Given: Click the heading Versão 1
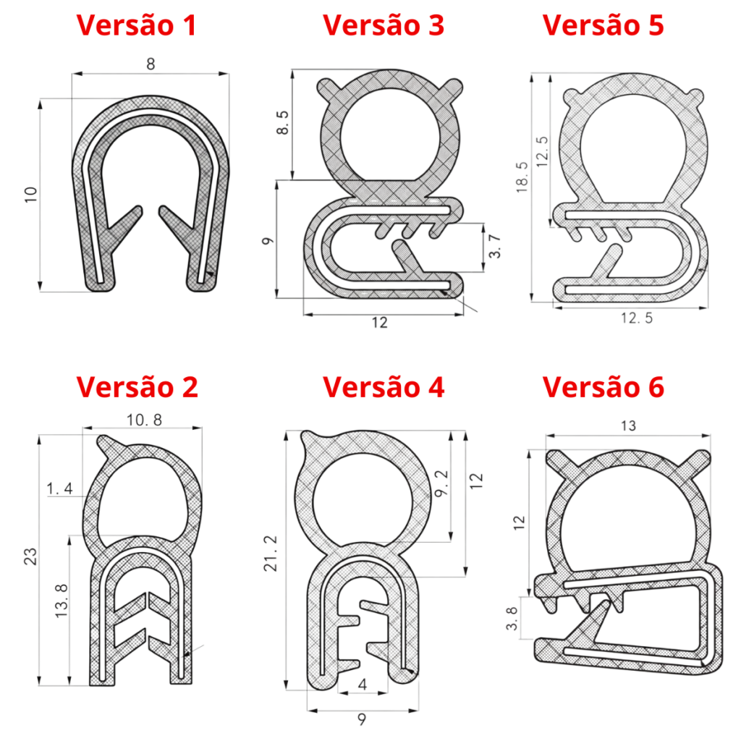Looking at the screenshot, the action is click(137, 25).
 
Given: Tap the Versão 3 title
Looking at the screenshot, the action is click(384, 25).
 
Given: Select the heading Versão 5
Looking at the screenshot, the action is click(603, 25).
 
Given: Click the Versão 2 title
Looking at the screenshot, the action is click(137, 387).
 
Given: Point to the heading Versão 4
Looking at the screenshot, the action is click(384, 387).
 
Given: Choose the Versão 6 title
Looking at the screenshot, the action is click(603, 387).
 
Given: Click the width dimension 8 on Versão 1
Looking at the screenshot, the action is click(151, 64).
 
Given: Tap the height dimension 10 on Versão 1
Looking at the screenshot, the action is click(30, 195).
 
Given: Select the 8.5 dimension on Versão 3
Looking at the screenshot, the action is click(282, 123).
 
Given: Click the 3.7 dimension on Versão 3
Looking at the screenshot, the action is click(494, 246).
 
